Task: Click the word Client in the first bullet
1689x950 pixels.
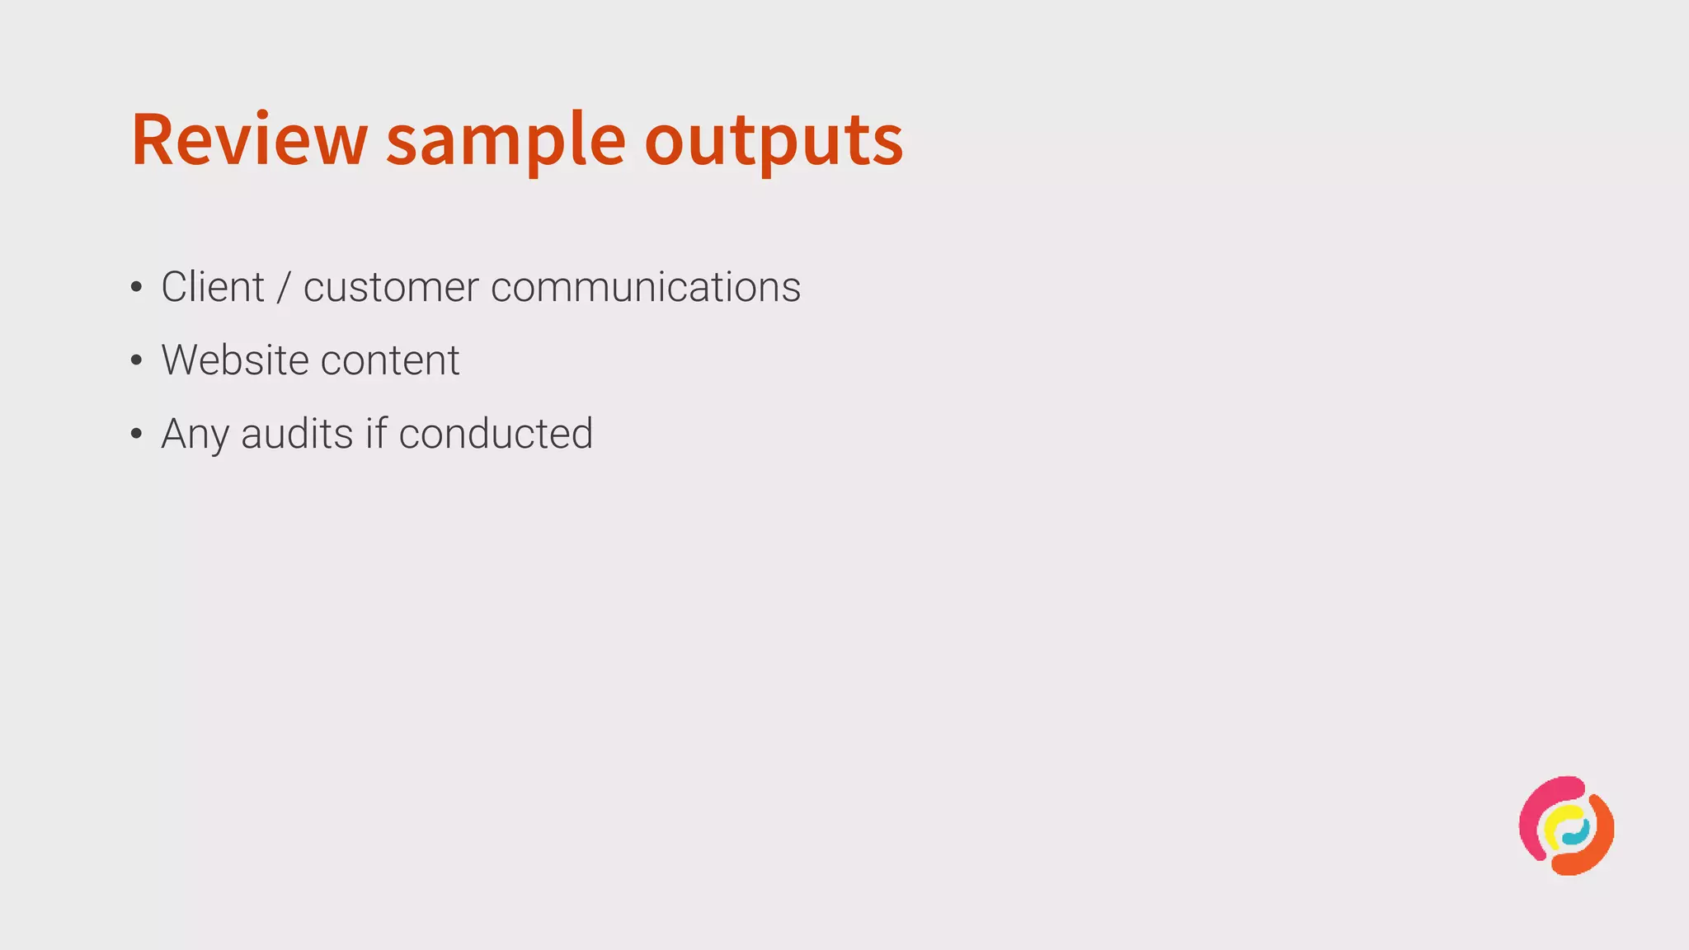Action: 213,287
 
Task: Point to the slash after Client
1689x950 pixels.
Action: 285,287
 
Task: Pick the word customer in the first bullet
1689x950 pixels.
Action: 391,287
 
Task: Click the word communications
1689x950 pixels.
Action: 645,287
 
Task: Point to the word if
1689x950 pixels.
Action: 375,434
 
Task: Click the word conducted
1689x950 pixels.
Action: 496,434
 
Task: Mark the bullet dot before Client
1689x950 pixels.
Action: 137,288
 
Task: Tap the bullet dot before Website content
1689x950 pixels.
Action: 137,360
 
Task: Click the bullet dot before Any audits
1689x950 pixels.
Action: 137,434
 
